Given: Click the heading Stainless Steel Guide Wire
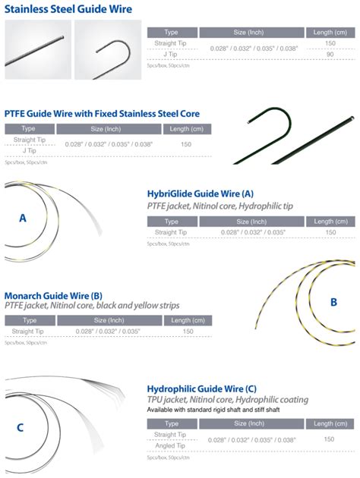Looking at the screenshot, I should pyautogui.click(x=68, y=9).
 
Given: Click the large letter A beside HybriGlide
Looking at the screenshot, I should pyautogui.click(x=23, y=218).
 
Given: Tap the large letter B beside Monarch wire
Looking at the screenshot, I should pyautogui.click(x=333, y=301).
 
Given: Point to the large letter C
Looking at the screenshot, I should pyautogui.click(x=21, y=426).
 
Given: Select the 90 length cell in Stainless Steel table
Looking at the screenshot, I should pyautogui.click(x=330, y=55).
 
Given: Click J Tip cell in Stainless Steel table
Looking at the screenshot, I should pyautogui.click(x=171, y=55).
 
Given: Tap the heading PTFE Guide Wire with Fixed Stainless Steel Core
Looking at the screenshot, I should pyautogui.click(x=103, y=113).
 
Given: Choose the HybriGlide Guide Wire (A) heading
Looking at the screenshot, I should pyautogui.click(x=200, y=194).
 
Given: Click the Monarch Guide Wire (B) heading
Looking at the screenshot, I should pyautogui.click(x=64, y=295).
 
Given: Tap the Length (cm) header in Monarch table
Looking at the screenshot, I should pyautogui.click(x=188, y=320).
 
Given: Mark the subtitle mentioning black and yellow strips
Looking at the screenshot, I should pyautogui.click(x=92, y=307).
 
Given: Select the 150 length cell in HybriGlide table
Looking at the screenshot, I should pyautogui.click(x=330, y=232).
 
